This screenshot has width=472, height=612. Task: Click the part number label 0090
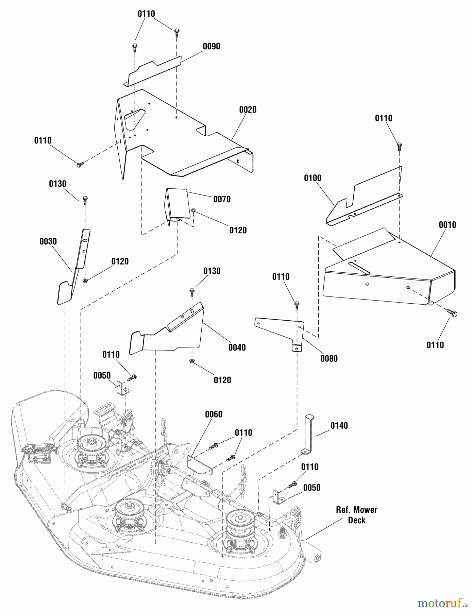pyautogui.click(x=211, y=46)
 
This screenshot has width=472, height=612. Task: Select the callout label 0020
pyautogui.click(x=248, y=109)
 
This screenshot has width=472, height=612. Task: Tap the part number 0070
pyautogui.click(x=222, y=199)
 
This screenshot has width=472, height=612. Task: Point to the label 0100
pyautogui.click(x=312, y=178)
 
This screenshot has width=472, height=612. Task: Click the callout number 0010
pyautogui.click(x=447, y=225)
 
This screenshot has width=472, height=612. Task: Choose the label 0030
pyautogui.click(x=48, y=241)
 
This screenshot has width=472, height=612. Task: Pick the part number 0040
pyautogui.click(x=237, y=347)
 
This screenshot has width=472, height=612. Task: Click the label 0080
pyautogui.click(x=329, y=358)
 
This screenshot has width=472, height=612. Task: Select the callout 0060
pyautogui.click(x=214, y=414)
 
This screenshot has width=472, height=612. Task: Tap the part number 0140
pyautogui.click(x=339, y=426)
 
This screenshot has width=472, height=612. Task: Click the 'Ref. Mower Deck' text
pyautogui.click(x=356, y=515)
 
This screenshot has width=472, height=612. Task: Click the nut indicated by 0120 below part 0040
pyautogui.click(x=192, y=361)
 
